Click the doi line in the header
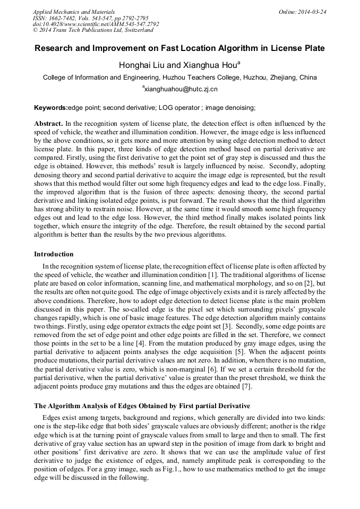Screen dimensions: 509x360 [x=96, y=24]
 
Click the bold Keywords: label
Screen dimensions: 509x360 [x=51, y=108]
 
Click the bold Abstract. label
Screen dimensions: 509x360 [x=49, y=124]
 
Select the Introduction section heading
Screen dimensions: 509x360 [x=54, y=254]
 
